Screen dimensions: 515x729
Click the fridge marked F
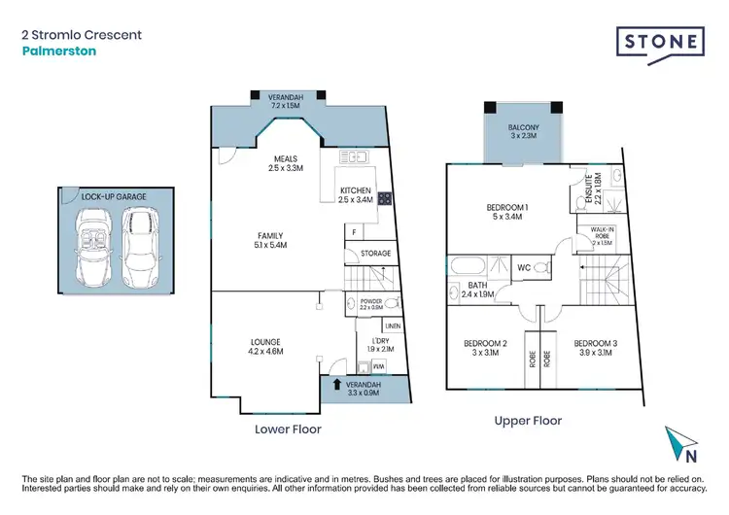tap(355, 232)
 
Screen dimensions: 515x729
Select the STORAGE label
tap(375, 254)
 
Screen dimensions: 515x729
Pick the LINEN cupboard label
tap(392, 326)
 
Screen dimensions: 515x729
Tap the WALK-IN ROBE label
tap(593, 234)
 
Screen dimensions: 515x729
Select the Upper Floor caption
tap(529, 421)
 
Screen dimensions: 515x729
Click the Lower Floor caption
tap(287, 428)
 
